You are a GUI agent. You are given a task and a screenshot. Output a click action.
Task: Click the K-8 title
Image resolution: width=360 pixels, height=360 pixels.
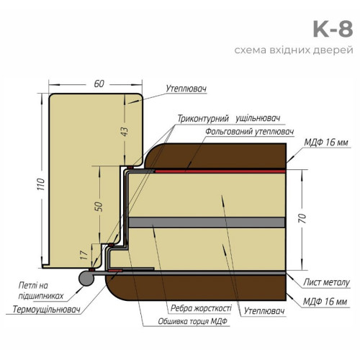tap(333, 30)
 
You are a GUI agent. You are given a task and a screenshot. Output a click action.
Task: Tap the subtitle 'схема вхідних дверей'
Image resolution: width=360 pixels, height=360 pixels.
tap(294, 50)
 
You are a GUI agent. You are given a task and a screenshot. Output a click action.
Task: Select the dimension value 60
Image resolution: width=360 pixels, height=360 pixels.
tap(99, 84)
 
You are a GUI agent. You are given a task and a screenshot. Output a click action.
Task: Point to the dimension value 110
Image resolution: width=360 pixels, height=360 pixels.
tap(41, 184)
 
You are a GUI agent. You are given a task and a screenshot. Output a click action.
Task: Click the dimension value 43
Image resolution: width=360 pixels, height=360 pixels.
tap(125, 132)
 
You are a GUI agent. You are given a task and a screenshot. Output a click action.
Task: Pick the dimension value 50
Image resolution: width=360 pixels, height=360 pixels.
tap(99, 207)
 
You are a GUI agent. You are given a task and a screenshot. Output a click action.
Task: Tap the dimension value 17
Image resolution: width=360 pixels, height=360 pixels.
tap(84, 255)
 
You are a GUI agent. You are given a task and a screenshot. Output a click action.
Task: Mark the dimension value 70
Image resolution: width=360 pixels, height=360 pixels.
tap(303, 218)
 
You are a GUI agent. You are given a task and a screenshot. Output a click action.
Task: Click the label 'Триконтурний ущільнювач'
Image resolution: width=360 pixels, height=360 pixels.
tap(229, 119)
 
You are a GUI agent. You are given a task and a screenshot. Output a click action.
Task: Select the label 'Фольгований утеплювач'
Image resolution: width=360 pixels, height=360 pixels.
tap(250, 132)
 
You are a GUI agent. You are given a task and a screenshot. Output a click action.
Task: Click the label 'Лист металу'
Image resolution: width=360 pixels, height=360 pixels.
tap(326, 282)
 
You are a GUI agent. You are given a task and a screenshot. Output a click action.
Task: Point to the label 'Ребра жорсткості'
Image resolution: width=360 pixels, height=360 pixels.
tap(201, 308)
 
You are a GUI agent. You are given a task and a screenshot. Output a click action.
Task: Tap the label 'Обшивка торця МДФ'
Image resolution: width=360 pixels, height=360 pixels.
tap(192, 321)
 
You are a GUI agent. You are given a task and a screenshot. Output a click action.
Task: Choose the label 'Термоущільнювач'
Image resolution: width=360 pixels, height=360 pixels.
tap(46, 310)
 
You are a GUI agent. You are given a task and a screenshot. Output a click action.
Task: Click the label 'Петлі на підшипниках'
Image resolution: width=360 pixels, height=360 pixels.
tap(41, 291)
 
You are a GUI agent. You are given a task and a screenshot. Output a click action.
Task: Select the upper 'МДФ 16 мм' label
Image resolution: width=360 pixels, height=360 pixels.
tap(326, 143)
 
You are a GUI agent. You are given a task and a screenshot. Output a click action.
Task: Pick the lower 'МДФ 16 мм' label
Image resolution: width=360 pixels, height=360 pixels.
tap(325, 302)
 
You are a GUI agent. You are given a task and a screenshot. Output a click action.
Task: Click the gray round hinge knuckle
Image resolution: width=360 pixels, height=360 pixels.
tap(86, 278)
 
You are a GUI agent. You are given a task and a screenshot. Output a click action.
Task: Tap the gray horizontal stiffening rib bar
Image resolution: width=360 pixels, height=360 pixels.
tap(207, 222)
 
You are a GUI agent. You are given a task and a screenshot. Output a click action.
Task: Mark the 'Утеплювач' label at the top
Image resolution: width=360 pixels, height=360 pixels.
tap(186, 89)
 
